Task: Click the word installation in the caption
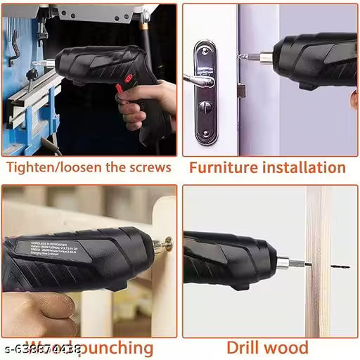302,167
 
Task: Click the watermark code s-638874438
42,347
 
